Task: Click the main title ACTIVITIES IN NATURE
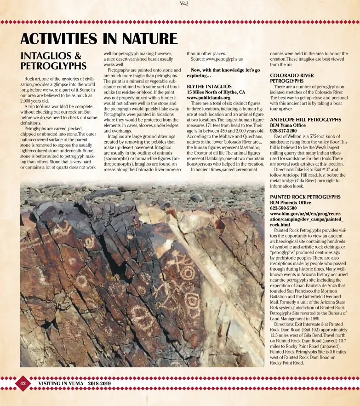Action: pyautogui.click(x=98, y=39)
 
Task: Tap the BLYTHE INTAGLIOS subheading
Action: pyautogui.click(x=209, y=87)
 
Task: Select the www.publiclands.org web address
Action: pyautogui.click(x=208, y=98)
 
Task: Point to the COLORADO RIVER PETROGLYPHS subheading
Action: pyautogui.click(x=292, y=78)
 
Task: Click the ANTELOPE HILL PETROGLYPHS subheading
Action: pyautogui.click(x=305, y=120)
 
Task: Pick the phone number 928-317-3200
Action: pyautogui.click(x=283, y=131)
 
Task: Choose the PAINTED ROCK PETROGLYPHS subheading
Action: pyautogui.click(x=305, y=197)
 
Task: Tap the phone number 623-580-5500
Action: pyautogui.click(x=283, y=208)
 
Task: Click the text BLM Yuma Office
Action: pyautogui.click(x=288, y=125)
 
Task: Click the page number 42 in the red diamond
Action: pyautogui.click(x=22, y=383)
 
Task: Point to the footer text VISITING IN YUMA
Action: pyautogui.click(x=61, y=383)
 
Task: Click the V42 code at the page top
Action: pyautogui.click(x=184, y=4)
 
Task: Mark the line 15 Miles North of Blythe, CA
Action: pyautogui.click(x=216, y=92)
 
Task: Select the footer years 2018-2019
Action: pyautogui.click(x=99, y=383)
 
